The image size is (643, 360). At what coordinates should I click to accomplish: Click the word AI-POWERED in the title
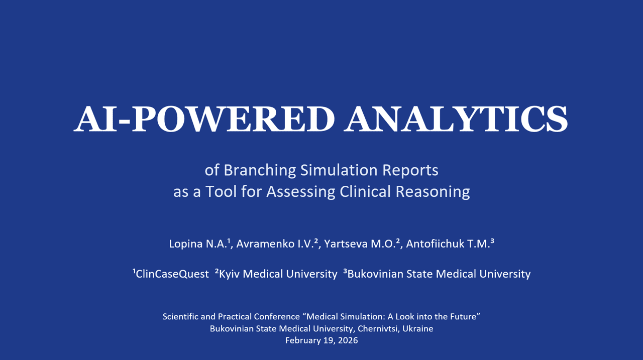204,119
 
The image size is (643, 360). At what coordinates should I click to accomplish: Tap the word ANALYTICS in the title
456,119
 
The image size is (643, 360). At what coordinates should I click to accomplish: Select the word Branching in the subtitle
260,171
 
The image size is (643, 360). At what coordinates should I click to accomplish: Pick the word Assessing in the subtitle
301,192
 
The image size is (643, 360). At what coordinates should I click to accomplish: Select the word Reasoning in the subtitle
433,192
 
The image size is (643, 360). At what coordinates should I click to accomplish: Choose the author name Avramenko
265,244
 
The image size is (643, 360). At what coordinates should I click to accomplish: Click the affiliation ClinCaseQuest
172,274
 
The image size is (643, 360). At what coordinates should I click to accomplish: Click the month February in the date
303,340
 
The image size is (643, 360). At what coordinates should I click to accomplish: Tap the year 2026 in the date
348,340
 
